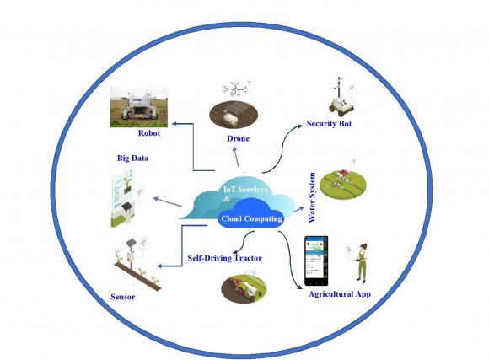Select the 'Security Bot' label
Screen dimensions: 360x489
point(329,124)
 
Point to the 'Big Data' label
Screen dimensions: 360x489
point(133,158)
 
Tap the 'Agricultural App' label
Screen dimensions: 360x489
point(340,294)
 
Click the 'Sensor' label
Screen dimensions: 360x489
point(122,298)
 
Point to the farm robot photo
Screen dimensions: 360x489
point(136,105)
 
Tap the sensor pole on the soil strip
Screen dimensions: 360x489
point(131,253)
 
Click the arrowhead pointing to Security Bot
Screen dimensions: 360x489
point(301,126)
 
